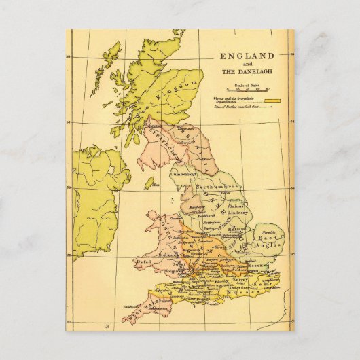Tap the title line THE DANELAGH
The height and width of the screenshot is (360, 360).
click(246, 71)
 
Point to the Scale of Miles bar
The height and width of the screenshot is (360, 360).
click(252, 88)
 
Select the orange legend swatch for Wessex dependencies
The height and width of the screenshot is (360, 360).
click(274, 101)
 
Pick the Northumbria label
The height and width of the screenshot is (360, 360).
click(215, 187)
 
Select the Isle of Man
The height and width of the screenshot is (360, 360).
click(149, 182)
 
